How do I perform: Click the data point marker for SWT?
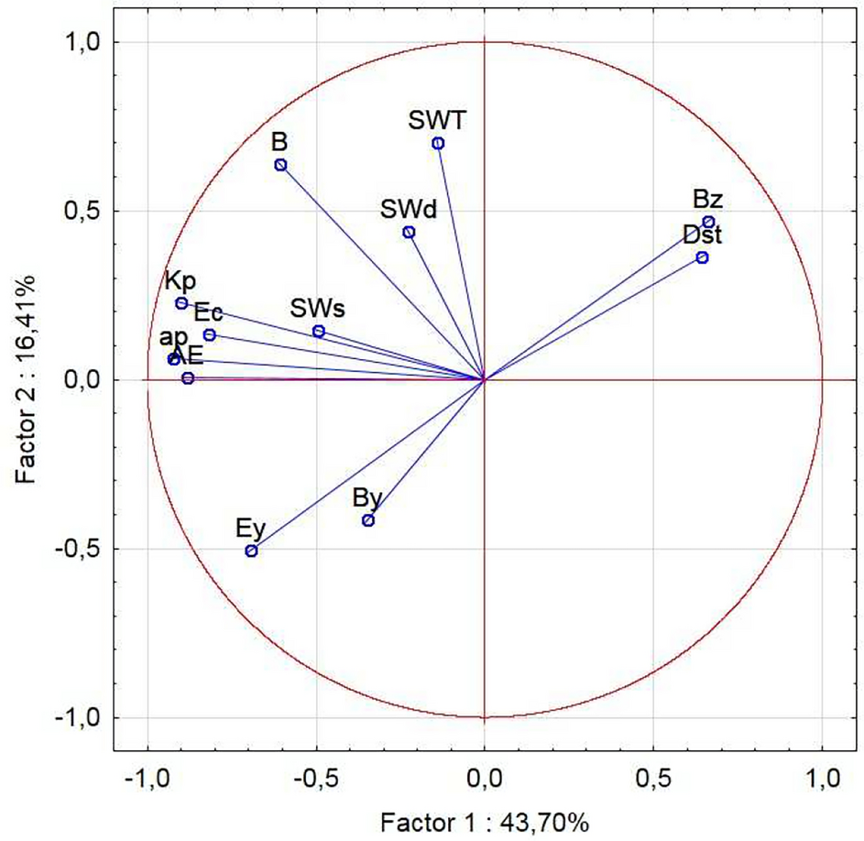click(x=438, y=143)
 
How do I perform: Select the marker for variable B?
click(x=280, y=165)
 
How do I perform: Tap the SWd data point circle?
click(x=409, y=232)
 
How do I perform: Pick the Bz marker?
click(x=708, y=222)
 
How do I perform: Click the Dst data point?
click(x=702, y=257)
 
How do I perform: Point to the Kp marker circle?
click(x=181, y=303)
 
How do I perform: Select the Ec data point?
click(x=209, y=335)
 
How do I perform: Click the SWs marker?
click(x=319, y=331)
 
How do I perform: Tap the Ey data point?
click(x=251, y=551)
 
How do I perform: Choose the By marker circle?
click(x=368, y=520)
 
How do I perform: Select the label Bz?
click(x=708, y=199)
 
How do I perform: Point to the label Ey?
click(x=250, y=528)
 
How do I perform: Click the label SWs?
click(x=318, y=307)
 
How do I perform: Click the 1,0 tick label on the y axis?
click(x=82, y=42)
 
